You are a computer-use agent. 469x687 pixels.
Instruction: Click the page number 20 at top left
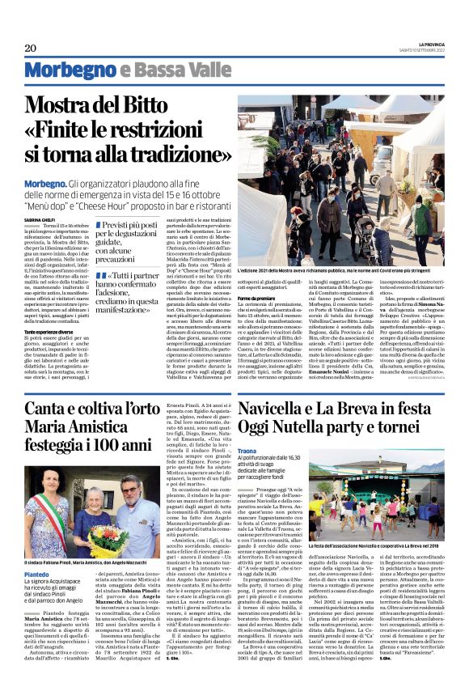(30, 49)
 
